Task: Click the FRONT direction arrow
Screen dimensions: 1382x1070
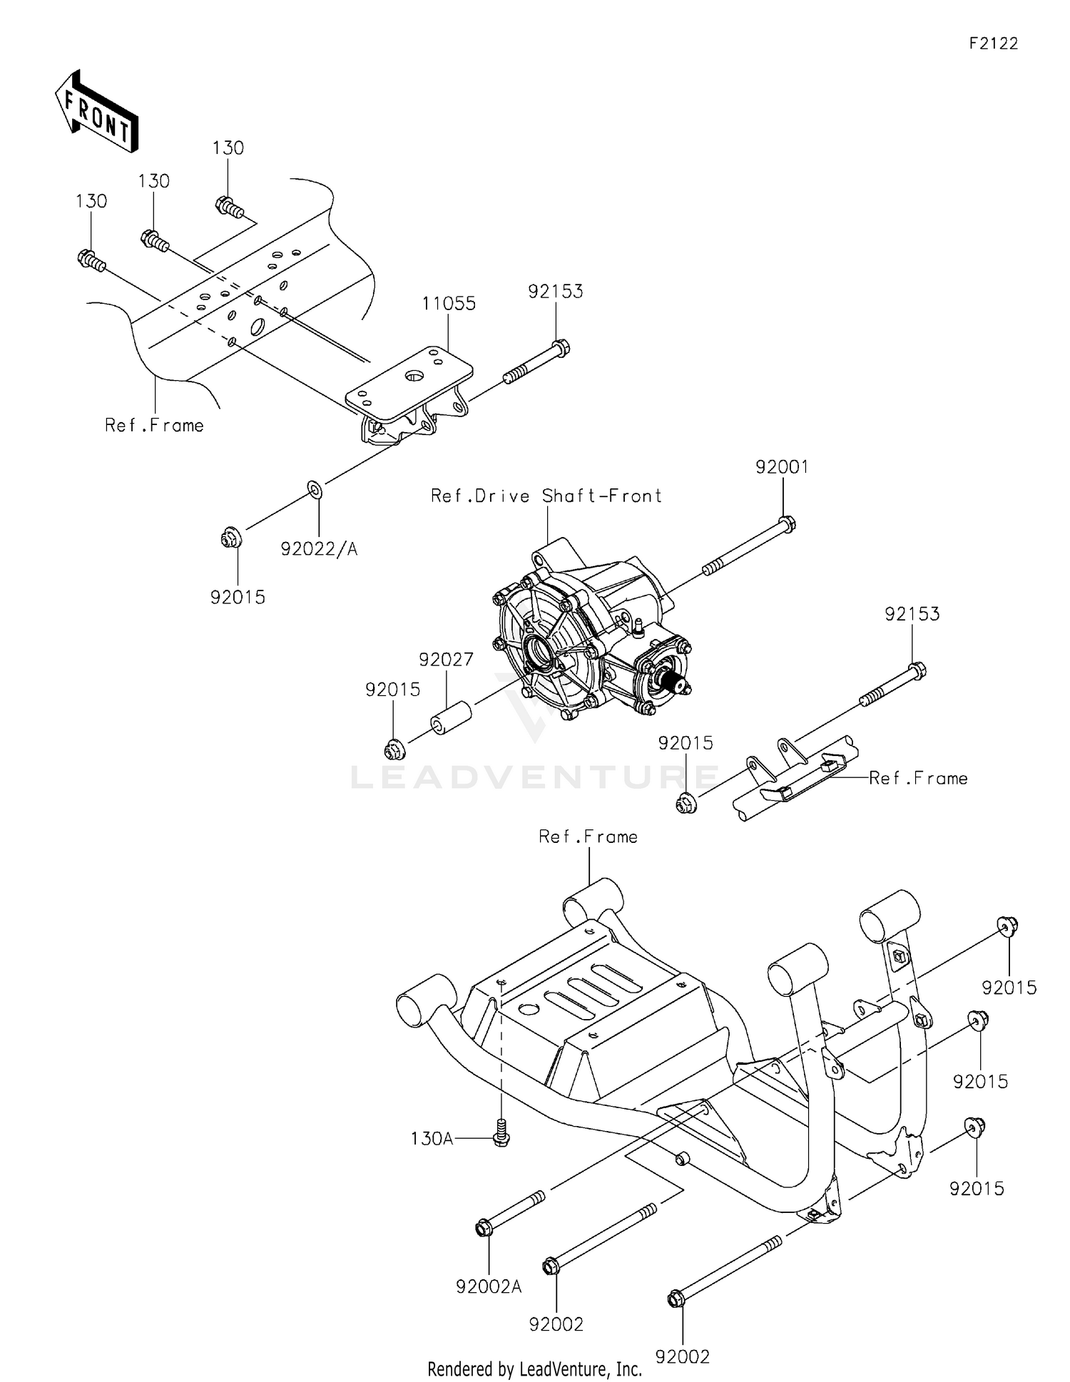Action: pyautogui.click(x=96, y=111)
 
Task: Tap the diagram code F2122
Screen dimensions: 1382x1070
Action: pyautogui.click(x=993, y=43)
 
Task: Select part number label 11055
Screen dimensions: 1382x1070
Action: pyautogui.click(x=448, y=303)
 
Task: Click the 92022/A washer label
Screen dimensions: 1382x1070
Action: pyautogui.click(x=319, y=548)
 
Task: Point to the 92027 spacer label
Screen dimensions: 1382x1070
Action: pyautogui.click(x=446, y=660)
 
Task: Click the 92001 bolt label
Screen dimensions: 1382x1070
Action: pyautogui.click(x=782, y=467)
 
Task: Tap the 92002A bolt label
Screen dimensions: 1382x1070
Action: pyautogui.click(x=489, y=1286)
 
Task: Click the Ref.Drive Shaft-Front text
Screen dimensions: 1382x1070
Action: pyautogui.click(x=546, y=496)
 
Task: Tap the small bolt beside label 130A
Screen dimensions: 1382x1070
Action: pyautogui.click(x=501, y=1135)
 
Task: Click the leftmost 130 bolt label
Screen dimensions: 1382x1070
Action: pyautogui.click(x=91, y=201)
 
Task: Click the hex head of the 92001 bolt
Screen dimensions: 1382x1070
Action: pyautogui.click(x=787, y=524)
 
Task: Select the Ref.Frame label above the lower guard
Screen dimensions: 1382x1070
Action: pyautogui.click(x=588, y=836)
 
